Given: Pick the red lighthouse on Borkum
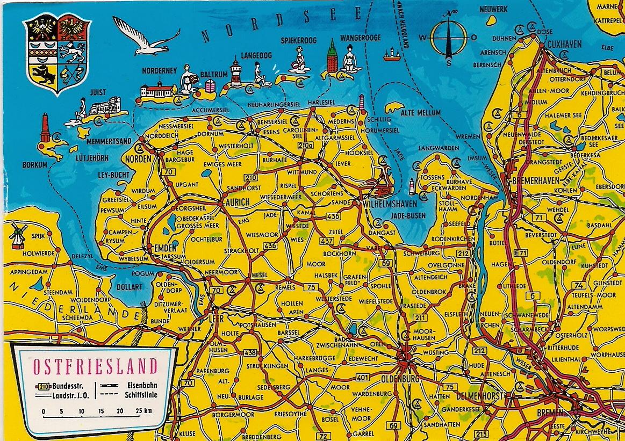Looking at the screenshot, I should click(x=45, y=128).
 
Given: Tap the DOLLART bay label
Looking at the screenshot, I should click(x=130, y=287).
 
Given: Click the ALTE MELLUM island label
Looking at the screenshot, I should click(x=420, y=112).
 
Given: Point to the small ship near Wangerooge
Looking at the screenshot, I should click(x=391, y=53).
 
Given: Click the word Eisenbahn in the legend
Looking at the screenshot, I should click(x=142, y=385).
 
